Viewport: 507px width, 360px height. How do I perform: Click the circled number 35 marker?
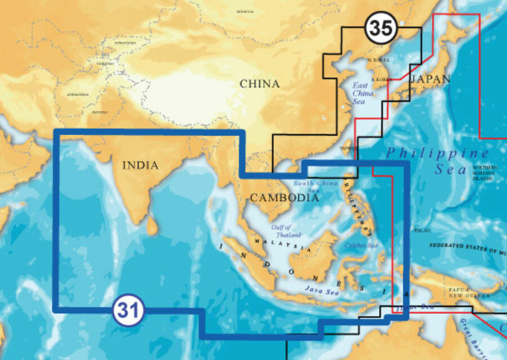click(381, 28)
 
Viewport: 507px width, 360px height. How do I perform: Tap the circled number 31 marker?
click(128, 309)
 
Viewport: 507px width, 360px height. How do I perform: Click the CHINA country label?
click(259, 84)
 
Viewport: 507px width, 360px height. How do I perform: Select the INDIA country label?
click(140, 166)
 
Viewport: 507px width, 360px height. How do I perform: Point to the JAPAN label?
click(430, 79)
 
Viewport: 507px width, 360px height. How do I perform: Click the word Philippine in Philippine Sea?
click(438, 153)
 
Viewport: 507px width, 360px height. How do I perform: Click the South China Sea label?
click(316, 186)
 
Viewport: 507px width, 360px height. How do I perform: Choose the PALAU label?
click(422, 230)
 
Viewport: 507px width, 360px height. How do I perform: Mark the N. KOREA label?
click(378, 60)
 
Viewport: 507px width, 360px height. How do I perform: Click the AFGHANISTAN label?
click(77, 94)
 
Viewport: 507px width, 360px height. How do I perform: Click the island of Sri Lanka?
click(152, 225)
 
